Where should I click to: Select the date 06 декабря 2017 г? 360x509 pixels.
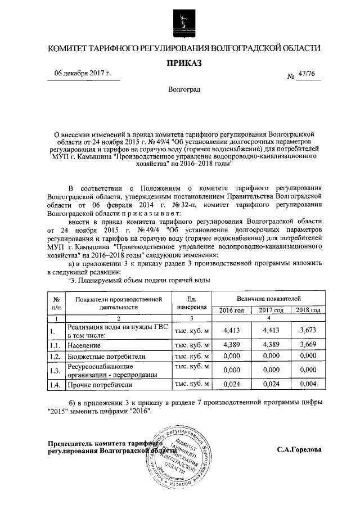(83, 74)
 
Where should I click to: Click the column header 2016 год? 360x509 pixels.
(231, 310)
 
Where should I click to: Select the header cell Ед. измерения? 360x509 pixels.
(192, 303)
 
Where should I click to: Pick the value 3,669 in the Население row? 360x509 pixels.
(308, 344)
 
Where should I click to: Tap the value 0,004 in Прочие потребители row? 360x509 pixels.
(308, 385)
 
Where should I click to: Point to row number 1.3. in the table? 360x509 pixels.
(55, 370)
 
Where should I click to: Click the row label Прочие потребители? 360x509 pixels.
(100, 385)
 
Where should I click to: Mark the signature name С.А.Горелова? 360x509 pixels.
(299, 450)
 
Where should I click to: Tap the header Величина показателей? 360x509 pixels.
(269, 298)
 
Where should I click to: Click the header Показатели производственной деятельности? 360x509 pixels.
(119, 303)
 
